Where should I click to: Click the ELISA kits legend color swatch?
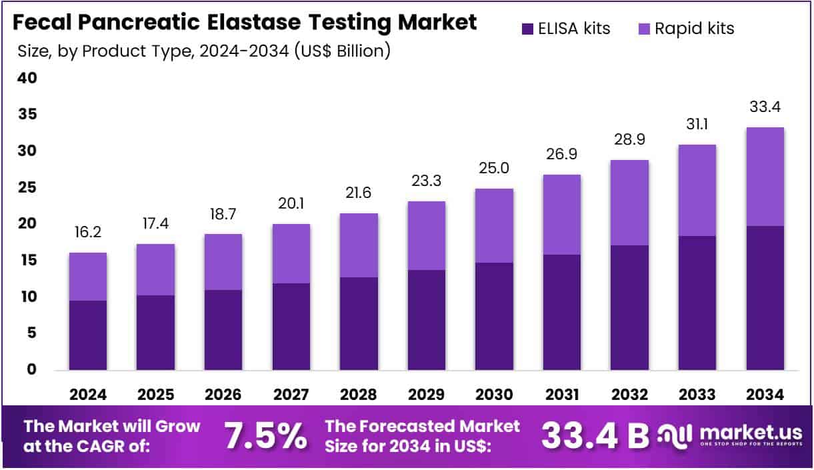point(527,29)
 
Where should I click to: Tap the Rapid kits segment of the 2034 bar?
point(765,177)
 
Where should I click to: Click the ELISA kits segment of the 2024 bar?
point(88,335)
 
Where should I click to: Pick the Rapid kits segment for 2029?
point(426,235)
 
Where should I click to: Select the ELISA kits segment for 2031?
point(561,312)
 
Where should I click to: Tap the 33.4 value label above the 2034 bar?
point(765,107)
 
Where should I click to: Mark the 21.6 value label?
point(359,193)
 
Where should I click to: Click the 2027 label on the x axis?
point(291,395)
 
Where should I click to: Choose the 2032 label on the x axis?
point(629,395)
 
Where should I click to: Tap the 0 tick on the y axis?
point(30,369)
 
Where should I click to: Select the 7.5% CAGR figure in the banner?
point(265,436)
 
